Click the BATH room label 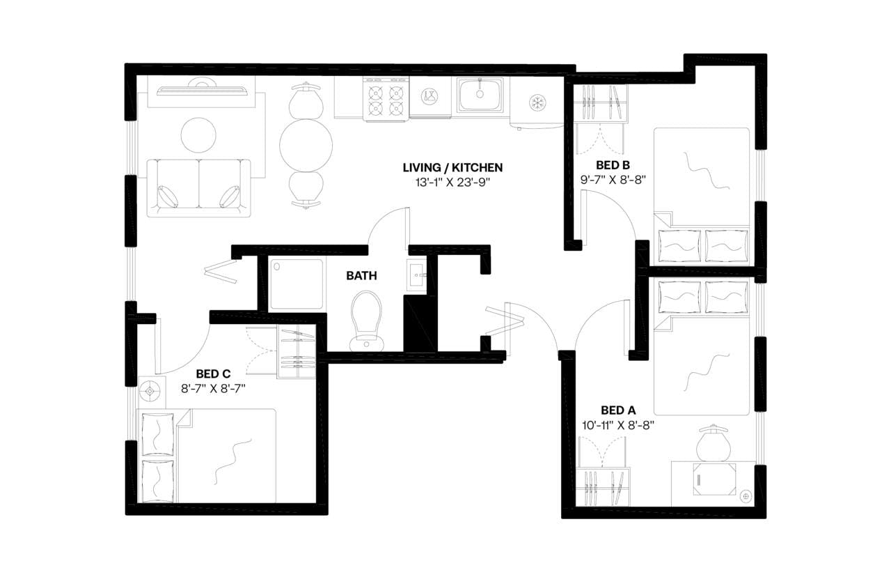click(x=361, y=276)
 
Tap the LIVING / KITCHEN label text click(x=452, y=168)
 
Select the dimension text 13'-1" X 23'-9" click(x=452, y=183)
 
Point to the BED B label click(x=613, y=165)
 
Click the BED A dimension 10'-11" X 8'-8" click(x=617, y=424)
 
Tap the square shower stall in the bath click(x=297, y=284)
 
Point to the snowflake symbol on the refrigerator click(x=537, y=102)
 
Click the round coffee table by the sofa click(x=198, y=134)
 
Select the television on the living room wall click(x=201, y=89)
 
